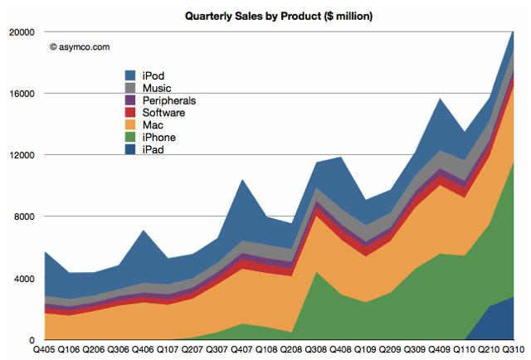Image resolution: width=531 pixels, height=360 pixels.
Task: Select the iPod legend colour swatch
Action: coord(124,75)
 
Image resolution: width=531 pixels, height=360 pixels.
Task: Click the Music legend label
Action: coord(158,88)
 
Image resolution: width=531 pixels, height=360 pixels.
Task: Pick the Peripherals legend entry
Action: coord(168,100)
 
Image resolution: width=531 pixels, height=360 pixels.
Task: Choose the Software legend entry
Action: coord(163,113)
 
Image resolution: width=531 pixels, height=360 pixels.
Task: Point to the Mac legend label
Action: coord(153,125)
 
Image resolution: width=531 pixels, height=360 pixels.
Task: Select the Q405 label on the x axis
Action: coord(45,350)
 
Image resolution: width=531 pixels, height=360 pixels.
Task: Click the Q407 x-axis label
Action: coord(242,350)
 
